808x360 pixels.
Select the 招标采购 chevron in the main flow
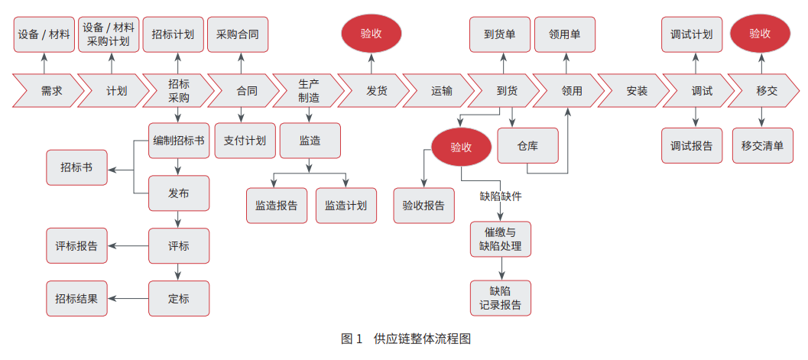point(179,92)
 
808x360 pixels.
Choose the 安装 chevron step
point(636,92)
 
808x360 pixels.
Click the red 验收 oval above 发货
point(372,34)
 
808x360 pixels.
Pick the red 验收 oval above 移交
point(760,34)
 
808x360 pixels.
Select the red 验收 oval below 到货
point(461,147)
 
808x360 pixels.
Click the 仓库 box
point(527,145)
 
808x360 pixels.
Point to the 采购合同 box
point(238,34)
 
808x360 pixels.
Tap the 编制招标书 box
point(179,141)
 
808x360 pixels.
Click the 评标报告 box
point(76,246)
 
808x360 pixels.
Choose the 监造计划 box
point(346,206)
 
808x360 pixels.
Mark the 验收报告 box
point(423,206)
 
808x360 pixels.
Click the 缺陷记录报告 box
point(501,298)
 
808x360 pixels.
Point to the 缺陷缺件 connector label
point(501,196)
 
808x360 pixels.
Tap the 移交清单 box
point(762,146)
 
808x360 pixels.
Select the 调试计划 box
point(692,34)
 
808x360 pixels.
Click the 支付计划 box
point(245,141)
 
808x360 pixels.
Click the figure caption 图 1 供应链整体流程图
point(405,339)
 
